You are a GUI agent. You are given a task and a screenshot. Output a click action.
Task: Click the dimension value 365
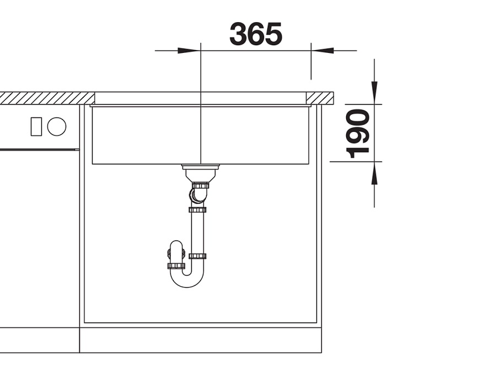point(256,34)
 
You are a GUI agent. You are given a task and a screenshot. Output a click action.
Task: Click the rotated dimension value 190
point(358,133)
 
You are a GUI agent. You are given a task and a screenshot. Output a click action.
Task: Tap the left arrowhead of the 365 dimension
point(188,50)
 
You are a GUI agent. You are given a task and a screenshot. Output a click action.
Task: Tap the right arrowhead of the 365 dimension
point(322,50)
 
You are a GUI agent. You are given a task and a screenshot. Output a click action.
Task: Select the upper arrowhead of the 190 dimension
point(374,92)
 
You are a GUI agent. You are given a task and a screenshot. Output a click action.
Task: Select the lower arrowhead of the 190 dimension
point(374,173)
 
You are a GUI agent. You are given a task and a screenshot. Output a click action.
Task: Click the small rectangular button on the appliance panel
point(36,127)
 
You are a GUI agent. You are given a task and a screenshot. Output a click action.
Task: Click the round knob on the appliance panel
point(57,127)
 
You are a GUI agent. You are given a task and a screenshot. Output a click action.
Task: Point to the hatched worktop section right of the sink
point(320,99)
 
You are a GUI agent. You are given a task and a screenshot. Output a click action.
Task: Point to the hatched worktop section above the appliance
point(47,98)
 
